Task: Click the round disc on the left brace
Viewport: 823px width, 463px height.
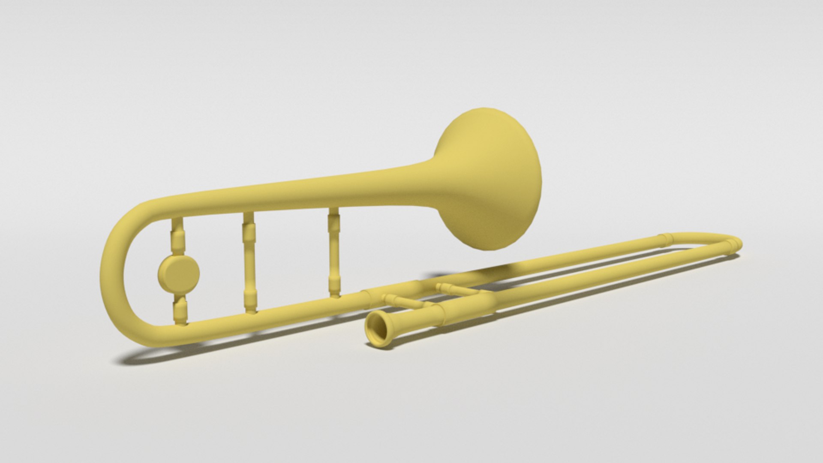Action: point(179,272)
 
